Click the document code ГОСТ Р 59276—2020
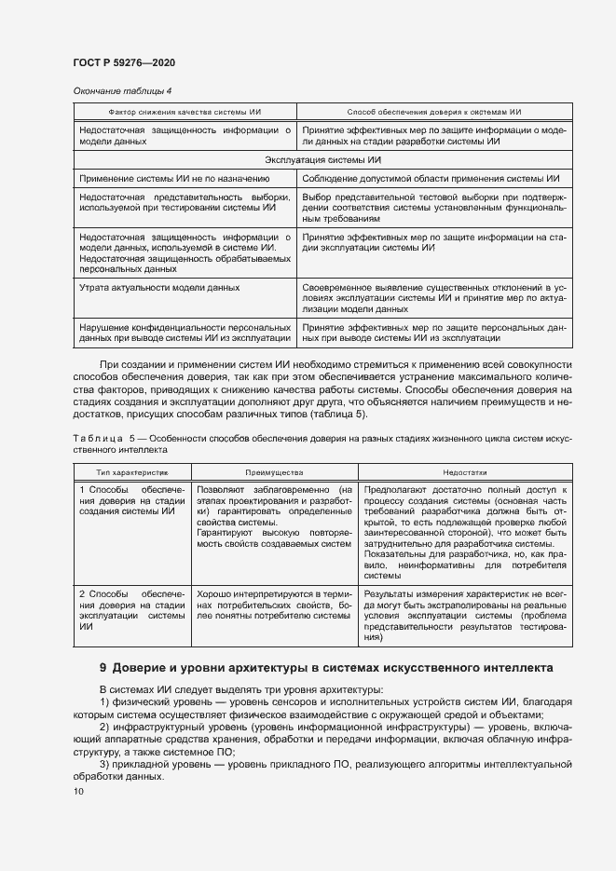pyautogui.click(x=123, y=62)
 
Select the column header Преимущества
pyautogui.click(x=275, y=473)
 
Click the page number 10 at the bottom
pyautogui.click(x=78, y=791)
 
